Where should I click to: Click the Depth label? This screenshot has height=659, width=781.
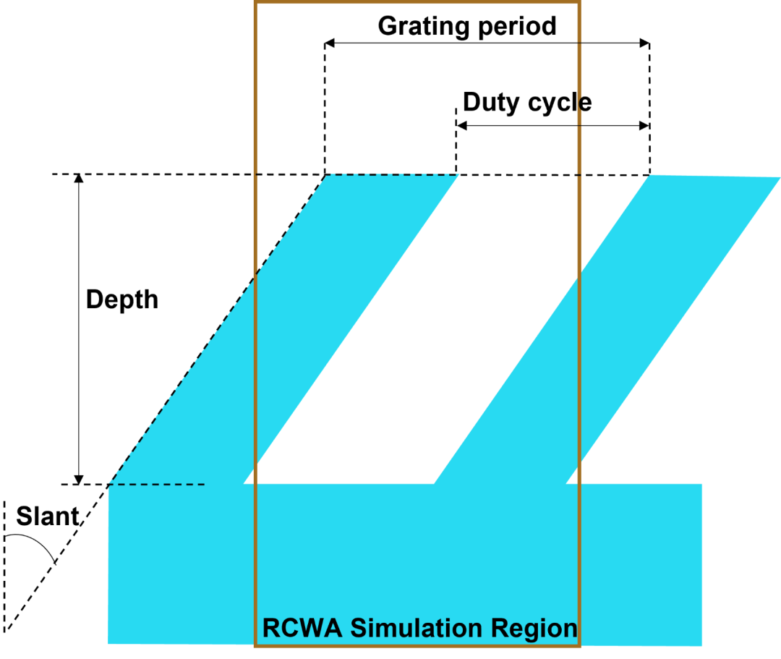click(122, 300)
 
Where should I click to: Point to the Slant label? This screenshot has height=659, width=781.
click(48, 516)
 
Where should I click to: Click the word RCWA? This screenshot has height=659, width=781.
click(302, 628)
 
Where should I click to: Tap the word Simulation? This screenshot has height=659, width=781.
click(417, 628)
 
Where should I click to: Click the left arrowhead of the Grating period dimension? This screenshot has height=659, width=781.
click(329, 43)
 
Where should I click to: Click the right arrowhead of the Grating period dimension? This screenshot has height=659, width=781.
click(645, 43)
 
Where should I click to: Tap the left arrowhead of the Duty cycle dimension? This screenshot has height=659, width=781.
click(461, 126)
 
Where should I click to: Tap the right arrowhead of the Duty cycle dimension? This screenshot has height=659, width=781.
click(644, 126)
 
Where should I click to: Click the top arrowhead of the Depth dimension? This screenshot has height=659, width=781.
click(79, 179)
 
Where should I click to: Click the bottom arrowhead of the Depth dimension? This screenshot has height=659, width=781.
click(79, 480)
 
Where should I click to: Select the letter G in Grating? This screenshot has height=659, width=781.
click(388, 26)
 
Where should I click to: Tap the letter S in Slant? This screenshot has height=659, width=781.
click(25, 516)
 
